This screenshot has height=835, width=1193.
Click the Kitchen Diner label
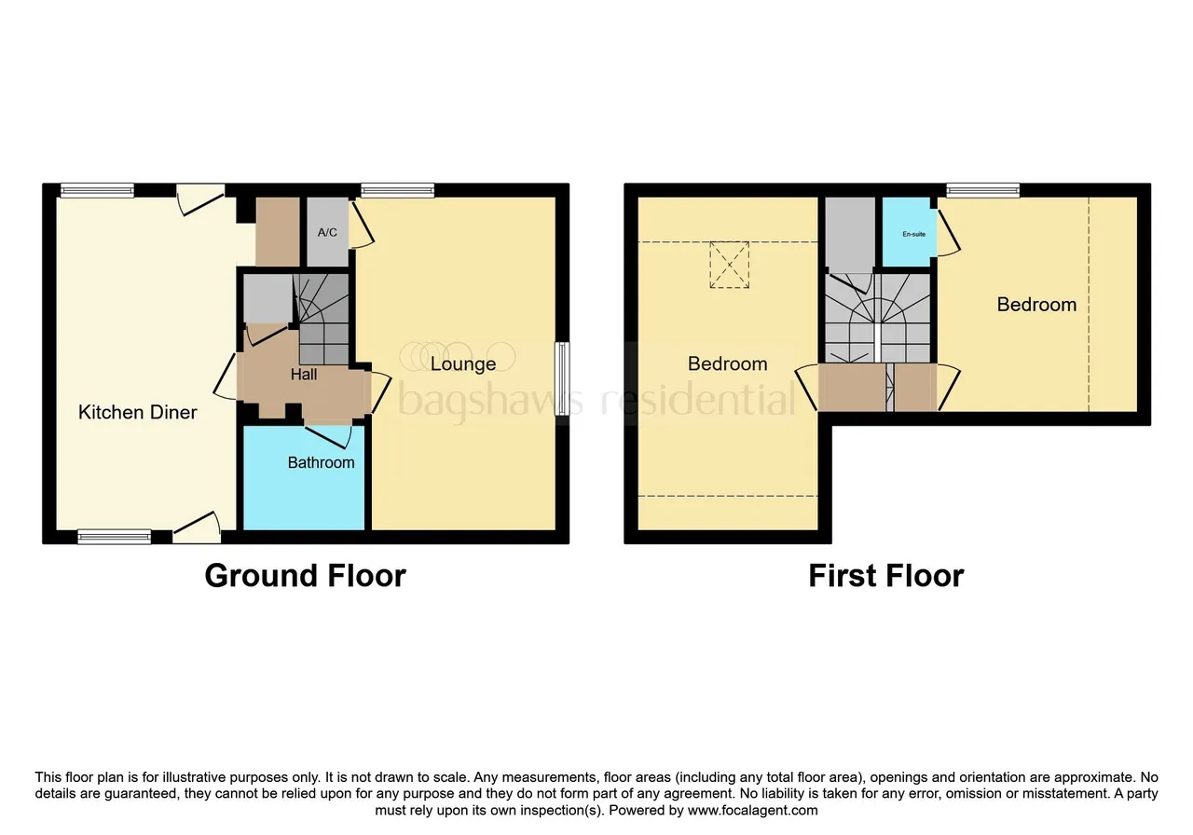pos(137,412)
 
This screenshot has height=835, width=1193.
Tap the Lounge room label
pos(463,363)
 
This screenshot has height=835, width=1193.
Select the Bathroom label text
pos(321,462)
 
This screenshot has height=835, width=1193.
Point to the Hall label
pos(304,375)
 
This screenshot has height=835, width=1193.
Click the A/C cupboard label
pos(327,232)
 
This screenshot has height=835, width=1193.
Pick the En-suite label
pos(913,234)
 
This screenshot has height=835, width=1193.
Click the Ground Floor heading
pos(305,576)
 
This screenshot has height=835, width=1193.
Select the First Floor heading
pos(886,576)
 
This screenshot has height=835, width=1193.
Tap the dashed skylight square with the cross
pos(729,265)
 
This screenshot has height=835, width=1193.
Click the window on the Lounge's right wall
pos(562,378)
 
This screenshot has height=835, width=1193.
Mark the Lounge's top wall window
pos(397,190)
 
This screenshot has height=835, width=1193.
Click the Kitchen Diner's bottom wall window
pos(114,537)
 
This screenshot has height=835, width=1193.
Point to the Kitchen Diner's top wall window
pos(97,190)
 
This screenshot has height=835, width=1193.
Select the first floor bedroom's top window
pos(982,190)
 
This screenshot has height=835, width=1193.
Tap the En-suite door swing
pos(949,233)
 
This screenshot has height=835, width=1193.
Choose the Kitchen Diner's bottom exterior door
pos(197,527)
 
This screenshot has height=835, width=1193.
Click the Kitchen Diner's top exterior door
pos(200,199)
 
